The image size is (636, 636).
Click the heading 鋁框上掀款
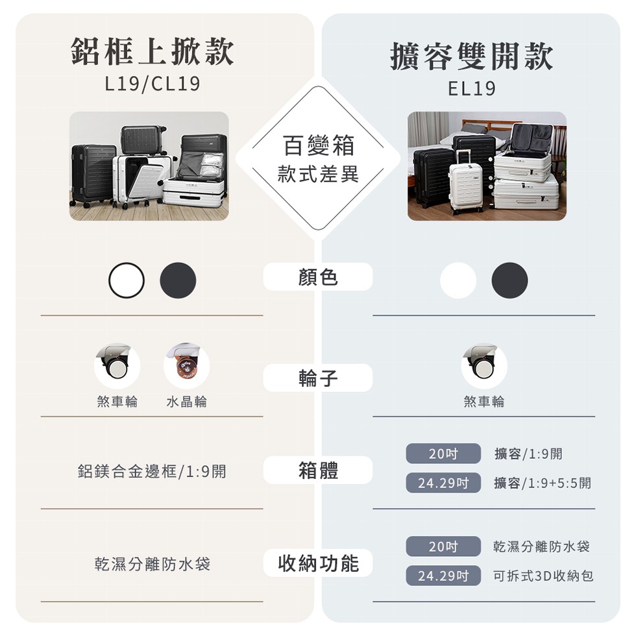153,52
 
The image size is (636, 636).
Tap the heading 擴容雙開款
472,56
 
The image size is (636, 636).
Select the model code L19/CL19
153,84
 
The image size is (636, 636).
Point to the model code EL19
472,88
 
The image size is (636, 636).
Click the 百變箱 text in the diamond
318,145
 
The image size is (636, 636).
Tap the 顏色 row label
318,277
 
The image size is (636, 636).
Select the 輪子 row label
318,378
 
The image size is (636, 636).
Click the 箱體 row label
318,471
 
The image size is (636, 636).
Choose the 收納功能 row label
318,563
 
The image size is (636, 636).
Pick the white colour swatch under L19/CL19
127,280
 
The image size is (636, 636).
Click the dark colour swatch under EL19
509,280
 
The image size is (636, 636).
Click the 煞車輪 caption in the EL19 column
483,402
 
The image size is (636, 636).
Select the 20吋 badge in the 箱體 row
443,454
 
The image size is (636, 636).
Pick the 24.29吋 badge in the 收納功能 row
443,576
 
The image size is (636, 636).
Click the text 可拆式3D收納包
543,576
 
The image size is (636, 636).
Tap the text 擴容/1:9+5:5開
542,483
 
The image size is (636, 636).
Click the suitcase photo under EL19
487,166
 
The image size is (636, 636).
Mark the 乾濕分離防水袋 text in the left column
153,564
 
